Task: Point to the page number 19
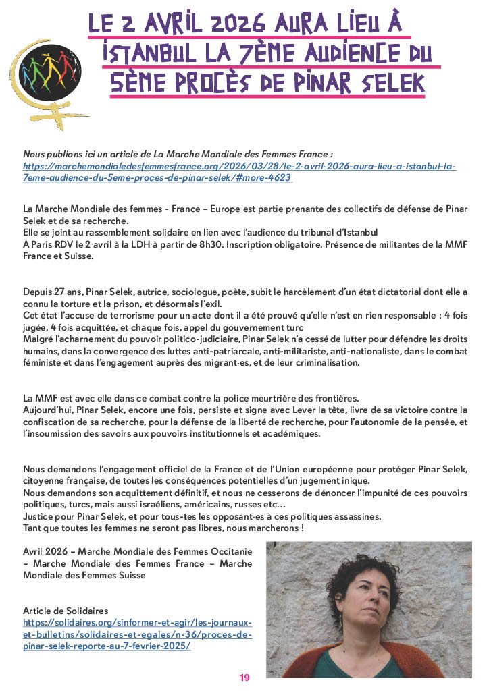244,678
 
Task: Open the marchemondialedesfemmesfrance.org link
239,171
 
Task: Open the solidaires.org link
137,634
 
